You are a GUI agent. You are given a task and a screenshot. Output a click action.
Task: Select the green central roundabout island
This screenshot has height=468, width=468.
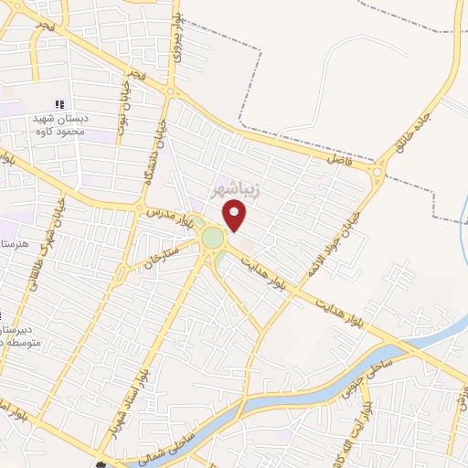[212, 239]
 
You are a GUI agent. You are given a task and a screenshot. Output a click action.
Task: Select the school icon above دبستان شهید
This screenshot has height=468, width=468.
[59, 104]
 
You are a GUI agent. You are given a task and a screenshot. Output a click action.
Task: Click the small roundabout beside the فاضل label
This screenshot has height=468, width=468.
[378, 172]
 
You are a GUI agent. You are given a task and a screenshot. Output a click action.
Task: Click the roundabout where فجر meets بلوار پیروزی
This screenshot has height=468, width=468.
[172, 90]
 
